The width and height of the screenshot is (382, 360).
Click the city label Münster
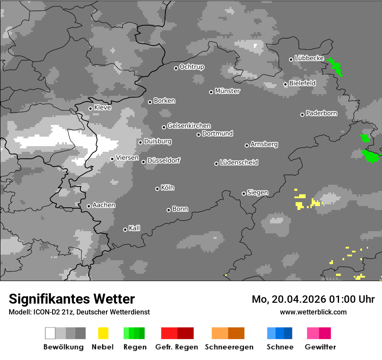coord(227,91)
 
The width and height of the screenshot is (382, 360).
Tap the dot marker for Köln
coord(157,189)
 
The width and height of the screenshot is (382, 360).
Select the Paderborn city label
coord(321,114)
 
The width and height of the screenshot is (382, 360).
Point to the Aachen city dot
coord(89,206)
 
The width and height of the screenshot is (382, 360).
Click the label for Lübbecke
coord(309,58)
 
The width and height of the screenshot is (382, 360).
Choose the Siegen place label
coord(257,193)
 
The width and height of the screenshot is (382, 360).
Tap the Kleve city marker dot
coord(90,108)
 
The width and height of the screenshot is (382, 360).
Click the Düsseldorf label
coord(164,160)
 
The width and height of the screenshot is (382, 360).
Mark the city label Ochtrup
coord(192,67)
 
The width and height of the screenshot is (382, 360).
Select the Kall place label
coord(135,228)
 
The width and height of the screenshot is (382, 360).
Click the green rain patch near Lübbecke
coord(336,66)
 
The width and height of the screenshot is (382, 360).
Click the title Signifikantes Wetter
coord(72,299)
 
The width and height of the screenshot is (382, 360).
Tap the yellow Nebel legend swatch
coord(103,333)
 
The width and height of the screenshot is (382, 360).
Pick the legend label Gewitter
coord(320,347)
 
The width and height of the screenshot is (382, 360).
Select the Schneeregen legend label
coord(229,347)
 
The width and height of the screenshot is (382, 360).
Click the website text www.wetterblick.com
coord(313,312)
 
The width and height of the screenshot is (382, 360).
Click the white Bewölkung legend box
coord(50,333)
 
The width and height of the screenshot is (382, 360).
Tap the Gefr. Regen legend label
coord(177,347)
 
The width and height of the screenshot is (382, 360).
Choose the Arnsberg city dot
coord(247,145)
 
